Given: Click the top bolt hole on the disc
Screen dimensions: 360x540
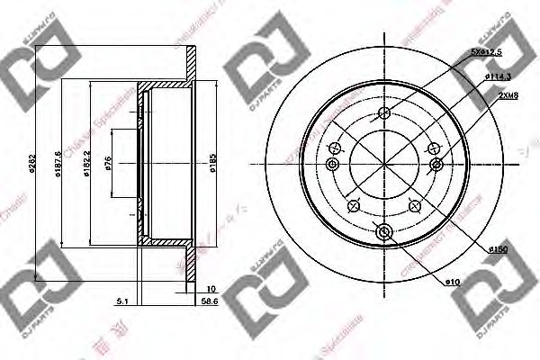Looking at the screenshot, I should point(384,113).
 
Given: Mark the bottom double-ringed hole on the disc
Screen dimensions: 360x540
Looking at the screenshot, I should point(384,234).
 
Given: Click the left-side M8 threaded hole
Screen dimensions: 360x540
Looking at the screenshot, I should point(332,164).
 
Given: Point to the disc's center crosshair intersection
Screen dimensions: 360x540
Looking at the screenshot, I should point(384,164).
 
